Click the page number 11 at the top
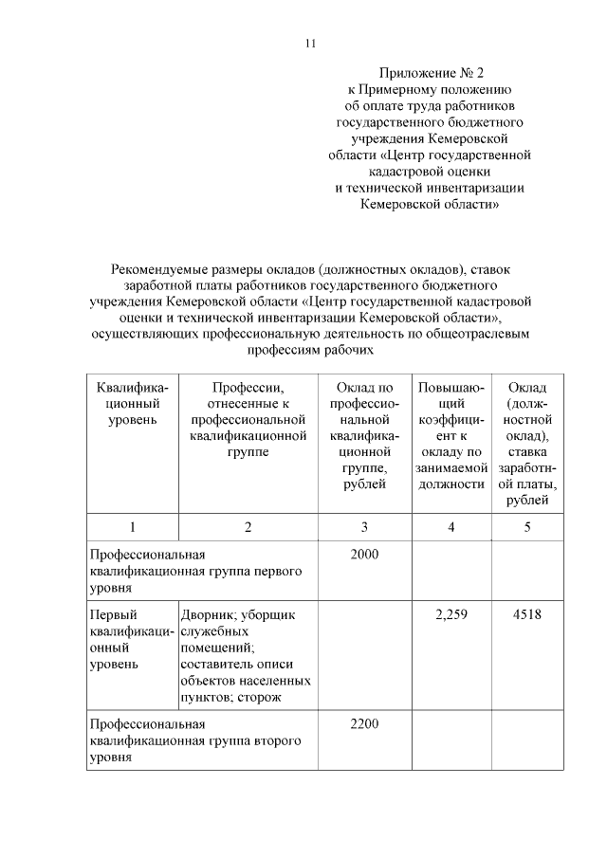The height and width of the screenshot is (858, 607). click(309, 44)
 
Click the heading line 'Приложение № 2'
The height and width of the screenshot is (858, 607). click(431, 72)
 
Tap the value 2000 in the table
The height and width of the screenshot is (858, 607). click(364, 554)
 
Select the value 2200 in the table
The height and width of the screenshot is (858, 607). click(364, 725)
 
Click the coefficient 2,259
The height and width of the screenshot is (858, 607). click(451, 614)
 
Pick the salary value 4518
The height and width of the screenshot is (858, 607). click(526, 614)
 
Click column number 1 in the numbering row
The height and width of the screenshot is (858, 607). click(132, 527)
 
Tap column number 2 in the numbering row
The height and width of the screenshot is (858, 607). click(248, 527)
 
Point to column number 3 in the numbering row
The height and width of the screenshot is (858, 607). click(364, 527)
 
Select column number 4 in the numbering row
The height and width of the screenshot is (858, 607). click(451, 527)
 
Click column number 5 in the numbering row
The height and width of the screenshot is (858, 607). click(526, 527)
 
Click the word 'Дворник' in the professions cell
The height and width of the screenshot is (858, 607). click(207, 614)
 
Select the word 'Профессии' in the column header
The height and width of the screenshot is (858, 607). click(248, 388)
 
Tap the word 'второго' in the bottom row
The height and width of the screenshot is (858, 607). click(280, 741)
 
